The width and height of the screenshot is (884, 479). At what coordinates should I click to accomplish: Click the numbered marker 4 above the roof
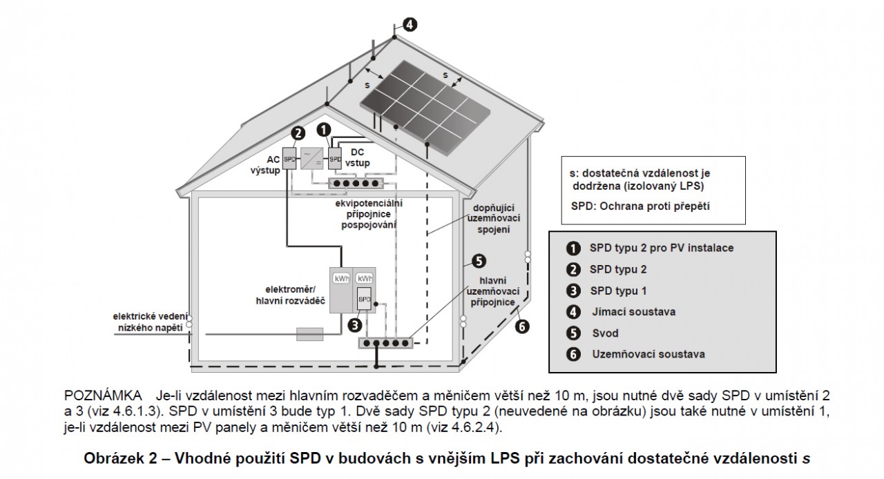pyautogui.click(x=410, y=25)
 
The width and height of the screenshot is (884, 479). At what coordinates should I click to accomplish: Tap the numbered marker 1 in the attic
pyautogui.click(x=324, y=129)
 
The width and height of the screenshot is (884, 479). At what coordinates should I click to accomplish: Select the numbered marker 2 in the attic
pyautogui.click(x=298, y=133)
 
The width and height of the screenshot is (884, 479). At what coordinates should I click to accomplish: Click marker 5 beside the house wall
pyautogui.click(x=479, y=262)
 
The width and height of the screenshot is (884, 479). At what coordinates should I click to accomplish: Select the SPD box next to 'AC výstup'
pyautogui.click(x=289, y=159)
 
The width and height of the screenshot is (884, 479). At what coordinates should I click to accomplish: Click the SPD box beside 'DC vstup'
pyautogui.click(x=335, y=159)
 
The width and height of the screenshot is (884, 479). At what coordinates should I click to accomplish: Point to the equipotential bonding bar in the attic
pyautogui.click(x=356, y=184)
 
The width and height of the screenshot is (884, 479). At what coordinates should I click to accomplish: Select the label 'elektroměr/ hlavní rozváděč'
pyautogui.click(x=290, y=295)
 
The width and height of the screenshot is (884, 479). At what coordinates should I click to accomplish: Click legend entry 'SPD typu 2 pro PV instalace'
pyautogui.click(x=662, y=248)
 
